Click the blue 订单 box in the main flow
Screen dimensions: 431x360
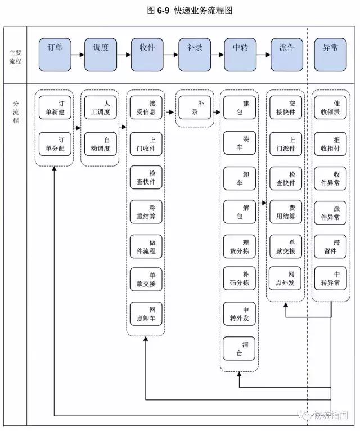coord(55,54)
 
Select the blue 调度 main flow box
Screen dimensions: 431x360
coord(101,54)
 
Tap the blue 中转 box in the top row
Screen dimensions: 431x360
coord(240,54)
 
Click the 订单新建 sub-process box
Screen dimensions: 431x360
coord(55,107)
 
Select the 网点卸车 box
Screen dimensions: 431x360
coord(146,314)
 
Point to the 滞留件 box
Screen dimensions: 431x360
coord(330,246)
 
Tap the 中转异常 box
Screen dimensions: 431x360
coord(330,279)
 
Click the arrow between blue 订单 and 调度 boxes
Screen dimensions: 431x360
coord(78,55)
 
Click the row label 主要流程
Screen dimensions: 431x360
coord(16,57)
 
